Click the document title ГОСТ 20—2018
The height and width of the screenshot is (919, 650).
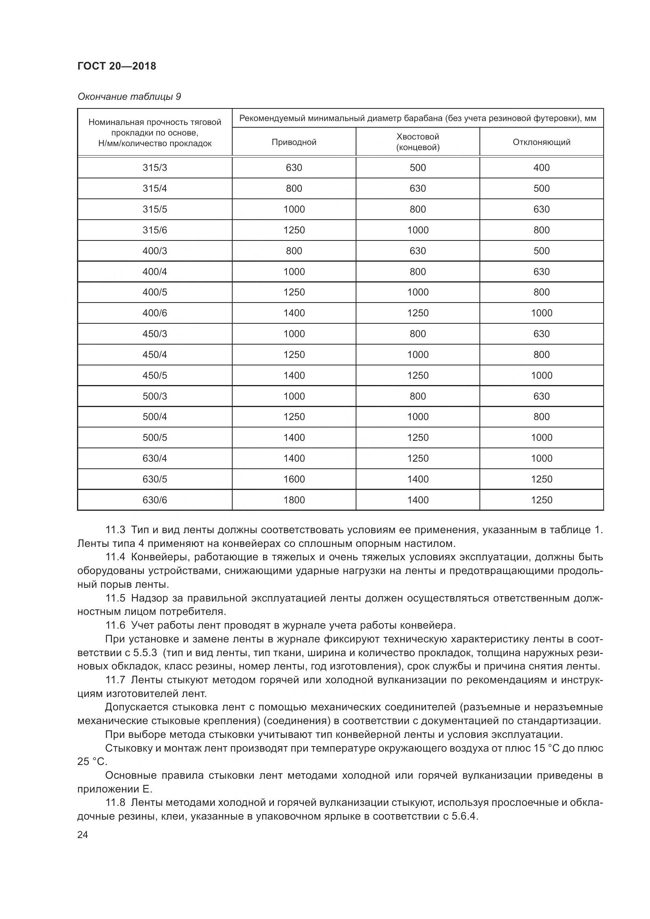[116, 66]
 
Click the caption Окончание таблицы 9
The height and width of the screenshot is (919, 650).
[129, 97]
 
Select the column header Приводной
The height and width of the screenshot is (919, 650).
[294, 142]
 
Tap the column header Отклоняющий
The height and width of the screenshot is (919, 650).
[541, 142]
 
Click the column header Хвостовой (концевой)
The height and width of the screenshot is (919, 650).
[417, 142]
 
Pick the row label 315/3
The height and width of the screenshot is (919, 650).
[154, 168]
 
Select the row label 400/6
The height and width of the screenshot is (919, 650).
[154, 313]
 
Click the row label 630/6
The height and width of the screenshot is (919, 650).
[154, 500]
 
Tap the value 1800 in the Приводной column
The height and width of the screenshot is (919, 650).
[294, 500]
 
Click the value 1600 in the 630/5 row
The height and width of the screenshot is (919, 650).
[294, 479]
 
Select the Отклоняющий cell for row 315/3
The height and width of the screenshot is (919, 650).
[541, 168]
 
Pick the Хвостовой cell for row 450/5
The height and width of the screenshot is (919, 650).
[417, 376]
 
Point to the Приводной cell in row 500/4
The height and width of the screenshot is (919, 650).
[294, 416]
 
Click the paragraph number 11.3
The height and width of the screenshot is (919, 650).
[115, 530]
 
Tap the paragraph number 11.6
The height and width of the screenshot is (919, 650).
[115, 625]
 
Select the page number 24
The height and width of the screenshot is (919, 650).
[83, 835]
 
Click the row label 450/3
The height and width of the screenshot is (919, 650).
[154, 334]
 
